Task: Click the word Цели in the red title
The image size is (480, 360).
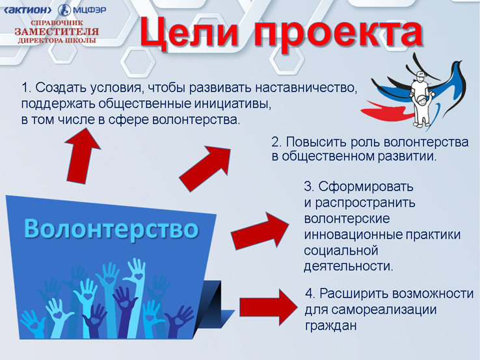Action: pos(188,32)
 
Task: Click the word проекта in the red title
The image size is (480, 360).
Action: pos(338,34)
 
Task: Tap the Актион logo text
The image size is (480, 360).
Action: pos(28,10)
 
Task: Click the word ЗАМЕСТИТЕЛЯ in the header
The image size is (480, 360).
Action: pos(57,31)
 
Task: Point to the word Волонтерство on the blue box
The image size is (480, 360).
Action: pos(111,229)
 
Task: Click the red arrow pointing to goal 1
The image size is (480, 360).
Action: pos(81,156)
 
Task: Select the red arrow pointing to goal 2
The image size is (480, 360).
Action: pos(205,168)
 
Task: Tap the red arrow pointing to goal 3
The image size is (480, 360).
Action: pos(260,231)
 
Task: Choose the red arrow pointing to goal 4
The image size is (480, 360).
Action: pos(269,307)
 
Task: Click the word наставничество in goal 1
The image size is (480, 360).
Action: pos(306,88)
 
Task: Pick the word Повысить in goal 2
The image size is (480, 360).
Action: pos(316,142)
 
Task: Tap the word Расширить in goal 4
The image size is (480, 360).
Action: pos(354,294)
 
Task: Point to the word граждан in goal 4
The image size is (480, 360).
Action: pos(330,326)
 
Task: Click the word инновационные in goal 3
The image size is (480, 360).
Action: pos(353,235)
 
